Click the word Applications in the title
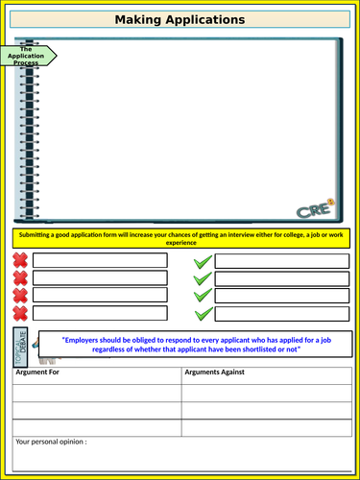point(208,19)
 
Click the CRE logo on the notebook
point(314,208)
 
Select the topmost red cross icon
point(20,260)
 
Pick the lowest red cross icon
point(20,314)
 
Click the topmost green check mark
point(203,262)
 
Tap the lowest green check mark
point(203,314)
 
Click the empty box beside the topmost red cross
point(100,260)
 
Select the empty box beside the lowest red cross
point(100,314)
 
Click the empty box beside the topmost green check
point(281,261)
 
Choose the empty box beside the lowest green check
point(281,314)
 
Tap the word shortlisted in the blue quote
point(260,349)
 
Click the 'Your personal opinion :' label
point(52,442)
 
